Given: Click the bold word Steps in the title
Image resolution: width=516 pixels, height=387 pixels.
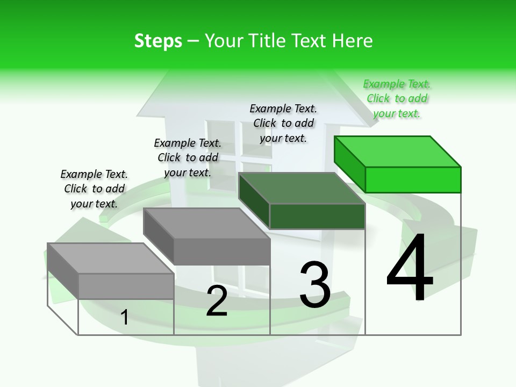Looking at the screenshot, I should [158, 41].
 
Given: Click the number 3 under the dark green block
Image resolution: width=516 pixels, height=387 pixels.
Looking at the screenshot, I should [315, 285].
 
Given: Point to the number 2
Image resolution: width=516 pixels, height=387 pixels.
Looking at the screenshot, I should [217, 301].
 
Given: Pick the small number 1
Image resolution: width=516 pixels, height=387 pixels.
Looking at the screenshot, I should [125, 317].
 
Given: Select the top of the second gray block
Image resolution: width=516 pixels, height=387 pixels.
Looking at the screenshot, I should [207, 223].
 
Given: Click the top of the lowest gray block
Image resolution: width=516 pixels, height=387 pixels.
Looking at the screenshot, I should [111, 258].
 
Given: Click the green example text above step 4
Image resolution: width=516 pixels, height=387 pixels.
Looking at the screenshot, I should [397, 98].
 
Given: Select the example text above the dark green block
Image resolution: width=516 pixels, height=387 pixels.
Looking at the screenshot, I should [283, 123].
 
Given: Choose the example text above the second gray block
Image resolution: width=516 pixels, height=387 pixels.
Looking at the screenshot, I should [188, 157].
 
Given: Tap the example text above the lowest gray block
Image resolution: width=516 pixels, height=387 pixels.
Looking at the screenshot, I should [94, 189].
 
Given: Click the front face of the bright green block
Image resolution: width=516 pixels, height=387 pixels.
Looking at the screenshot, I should [413, 180].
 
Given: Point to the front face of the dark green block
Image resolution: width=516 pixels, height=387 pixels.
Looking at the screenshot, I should [317, 216].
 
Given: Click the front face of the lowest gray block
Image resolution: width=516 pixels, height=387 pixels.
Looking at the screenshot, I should [126, 286].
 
